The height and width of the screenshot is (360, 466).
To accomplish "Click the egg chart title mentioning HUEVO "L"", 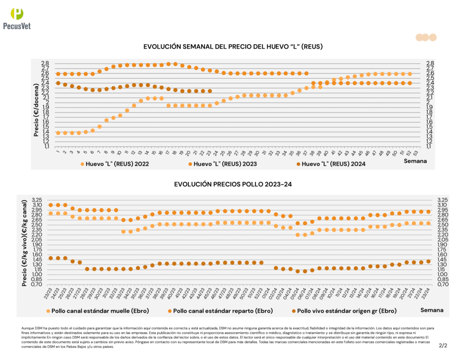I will (233, 47).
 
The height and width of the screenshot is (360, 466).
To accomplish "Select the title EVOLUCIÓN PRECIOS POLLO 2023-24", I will (233, 184).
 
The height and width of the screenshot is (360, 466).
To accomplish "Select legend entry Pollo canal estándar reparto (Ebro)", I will (220, 311).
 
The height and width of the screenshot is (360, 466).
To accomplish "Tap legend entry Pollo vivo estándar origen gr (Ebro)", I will (342, 311).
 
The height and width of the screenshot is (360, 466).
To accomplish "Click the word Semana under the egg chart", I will (415, 161).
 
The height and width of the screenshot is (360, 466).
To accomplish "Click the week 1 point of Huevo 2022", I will (58, 133).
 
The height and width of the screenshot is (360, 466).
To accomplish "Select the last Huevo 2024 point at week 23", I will (210, 91).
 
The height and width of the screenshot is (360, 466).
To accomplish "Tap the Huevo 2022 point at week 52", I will (410, 74).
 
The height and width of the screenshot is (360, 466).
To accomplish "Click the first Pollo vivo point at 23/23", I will (51, 258).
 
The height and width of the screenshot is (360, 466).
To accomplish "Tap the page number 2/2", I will (443, 345).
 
